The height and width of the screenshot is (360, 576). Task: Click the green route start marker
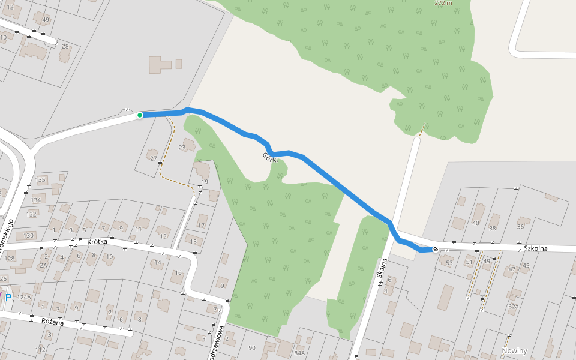pos(140,115)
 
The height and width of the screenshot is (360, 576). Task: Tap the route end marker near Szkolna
pos(435,249)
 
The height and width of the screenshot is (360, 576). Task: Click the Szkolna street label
pos(535,247)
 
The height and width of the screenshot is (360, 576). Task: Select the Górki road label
pos(270,158)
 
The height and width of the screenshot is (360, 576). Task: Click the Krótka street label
pos(97,242)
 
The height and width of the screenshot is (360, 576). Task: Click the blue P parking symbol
pos(8,297)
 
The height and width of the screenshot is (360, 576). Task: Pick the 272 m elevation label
pos(443,3)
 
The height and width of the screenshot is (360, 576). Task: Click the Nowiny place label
pos(514,351)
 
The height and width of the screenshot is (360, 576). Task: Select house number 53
pos(449,262)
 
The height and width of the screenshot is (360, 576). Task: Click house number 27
pos(154,159)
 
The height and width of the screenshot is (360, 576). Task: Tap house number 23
pos(182,147)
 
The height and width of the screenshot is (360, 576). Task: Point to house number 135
pos(40,179)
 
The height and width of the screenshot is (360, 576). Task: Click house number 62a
pos(513,306)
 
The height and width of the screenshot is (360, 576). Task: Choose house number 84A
pos(299,353)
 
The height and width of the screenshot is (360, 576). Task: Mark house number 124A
pos(24,297)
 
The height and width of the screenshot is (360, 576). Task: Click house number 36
pos(520,226)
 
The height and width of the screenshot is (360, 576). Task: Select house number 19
pos(205,182)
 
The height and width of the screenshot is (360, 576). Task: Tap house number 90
pos(251,348)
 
